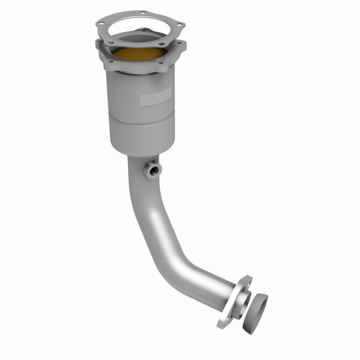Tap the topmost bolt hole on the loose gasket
point(144,13)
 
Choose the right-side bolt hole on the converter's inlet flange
point(182,44)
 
